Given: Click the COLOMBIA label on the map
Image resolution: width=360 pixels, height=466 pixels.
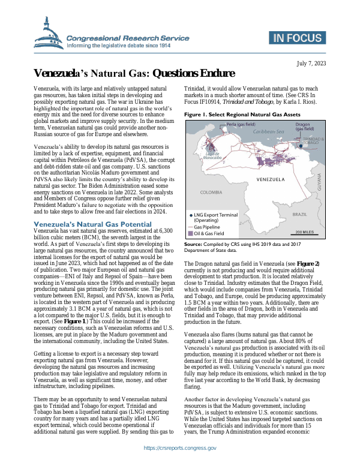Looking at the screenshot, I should point(211,192).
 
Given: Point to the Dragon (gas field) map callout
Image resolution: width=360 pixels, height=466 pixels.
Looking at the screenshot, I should point(306,126).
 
